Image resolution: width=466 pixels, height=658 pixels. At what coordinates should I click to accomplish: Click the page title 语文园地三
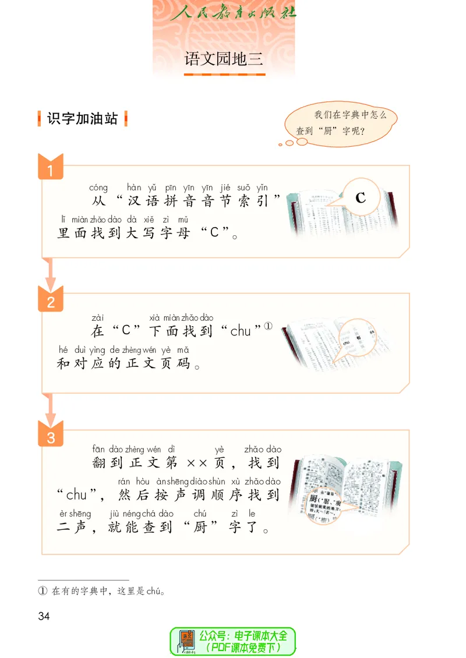[x=224, y=59]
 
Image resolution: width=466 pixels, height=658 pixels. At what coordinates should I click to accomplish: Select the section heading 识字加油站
[x=82, y=119]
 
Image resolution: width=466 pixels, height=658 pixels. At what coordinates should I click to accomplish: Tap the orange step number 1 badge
[x=51, y=170]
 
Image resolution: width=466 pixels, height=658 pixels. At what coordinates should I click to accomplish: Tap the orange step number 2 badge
[x=51, y=302]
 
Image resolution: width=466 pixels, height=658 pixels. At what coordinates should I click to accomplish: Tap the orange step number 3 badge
[x=51, y=437]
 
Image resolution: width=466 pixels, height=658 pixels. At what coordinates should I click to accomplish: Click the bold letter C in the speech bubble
[x=361, y=198]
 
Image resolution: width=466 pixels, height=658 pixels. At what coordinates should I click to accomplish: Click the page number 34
[x=44, y=616]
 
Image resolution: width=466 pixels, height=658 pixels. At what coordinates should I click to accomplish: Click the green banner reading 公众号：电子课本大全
[x=233, y=641]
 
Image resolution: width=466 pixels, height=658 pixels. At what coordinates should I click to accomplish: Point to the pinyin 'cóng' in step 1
[x=98, y=188]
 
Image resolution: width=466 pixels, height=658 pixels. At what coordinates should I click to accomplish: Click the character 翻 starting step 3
[x=99, y=464]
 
